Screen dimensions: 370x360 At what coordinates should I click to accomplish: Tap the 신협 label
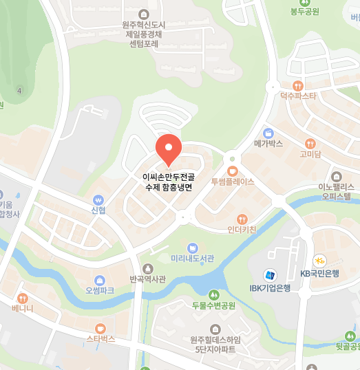point(98,210)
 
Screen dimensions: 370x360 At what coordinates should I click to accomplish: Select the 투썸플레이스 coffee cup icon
point(233,171)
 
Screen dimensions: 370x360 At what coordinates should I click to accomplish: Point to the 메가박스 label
point(268,144)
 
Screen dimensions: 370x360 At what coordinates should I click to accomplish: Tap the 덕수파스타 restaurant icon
point(297,85)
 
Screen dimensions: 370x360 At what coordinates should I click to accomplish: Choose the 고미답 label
point(310,154)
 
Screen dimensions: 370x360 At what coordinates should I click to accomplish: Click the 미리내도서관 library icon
point(193,247)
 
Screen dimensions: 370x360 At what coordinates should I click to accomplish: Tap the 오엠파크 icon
point(100,280)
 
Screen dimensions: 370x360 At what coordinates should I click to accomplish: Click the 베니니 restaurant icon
point(23,298)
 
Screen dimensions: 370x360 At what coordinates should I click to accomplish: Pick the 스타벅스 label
point(100,340)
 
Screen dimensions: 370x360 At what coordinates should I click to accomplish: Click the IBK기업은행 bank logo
point(271,274)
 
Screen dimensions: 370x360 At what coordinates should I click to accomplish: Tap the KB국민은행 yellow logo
point(319,261)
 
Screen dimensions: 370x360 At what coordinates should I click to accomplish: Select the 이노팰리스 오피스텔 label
point(336,191)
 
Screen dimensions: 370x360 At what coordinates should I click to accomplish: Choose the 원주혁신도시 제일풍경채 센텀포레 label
point(143,33)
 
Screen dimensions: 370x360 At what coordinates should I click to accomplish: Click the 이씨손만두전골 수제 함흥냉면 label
point(168,182)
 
